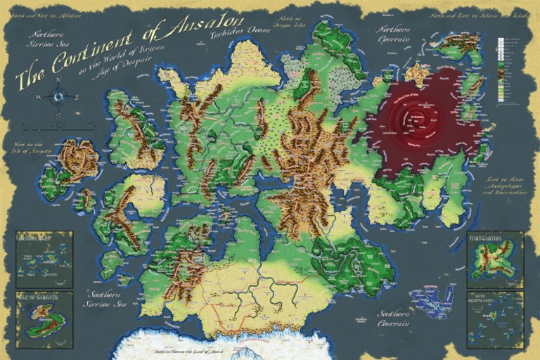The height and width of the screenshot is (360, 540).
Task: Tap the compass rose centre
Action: [x=58, y=96]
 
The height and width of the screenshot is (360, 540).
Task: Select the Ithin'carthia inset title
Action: [x=494, y=238]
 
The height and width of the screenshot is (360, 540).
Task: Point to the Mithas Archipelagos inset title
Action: [x=494, y=297]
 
